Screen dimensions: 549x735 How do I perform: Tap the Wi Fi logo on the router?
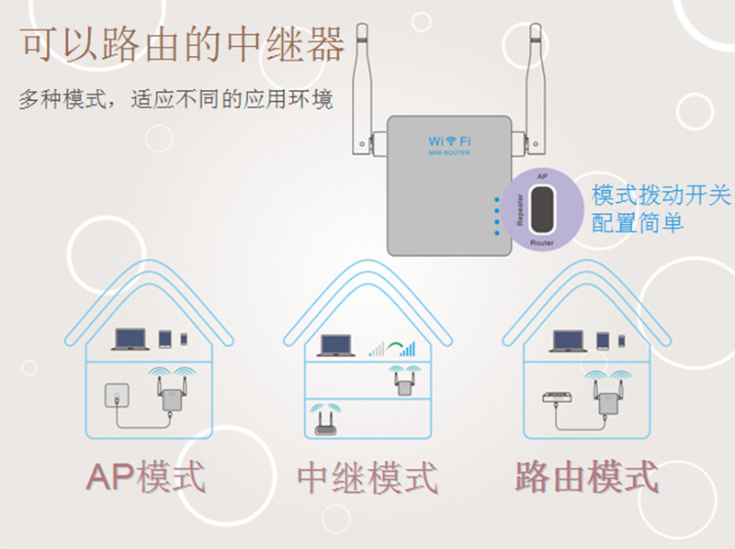point(449,141)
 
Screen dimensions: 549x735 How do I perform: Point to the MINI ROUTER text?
point(449,154)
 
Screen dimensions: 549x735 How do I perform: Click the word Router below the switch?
point(542,242)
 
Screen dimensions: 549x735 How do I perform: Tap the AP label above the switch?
point(542,174)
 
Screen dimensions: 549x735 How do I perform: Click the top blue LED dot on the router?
point(496,198)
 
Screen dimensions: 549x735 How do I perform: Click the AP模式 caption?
point(146,477)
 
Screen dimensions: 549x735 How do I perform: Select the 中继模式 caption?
point(367,477)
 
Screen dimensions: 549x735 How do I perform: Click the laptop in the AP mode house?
point(129,341)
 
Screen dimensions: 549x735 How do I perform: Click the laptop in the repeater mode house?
point(336,346)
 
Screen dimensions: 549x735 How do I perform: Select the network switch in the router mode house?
point(554,397)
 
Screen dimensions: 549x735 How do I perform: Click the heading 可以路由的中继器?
point(183,43)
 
